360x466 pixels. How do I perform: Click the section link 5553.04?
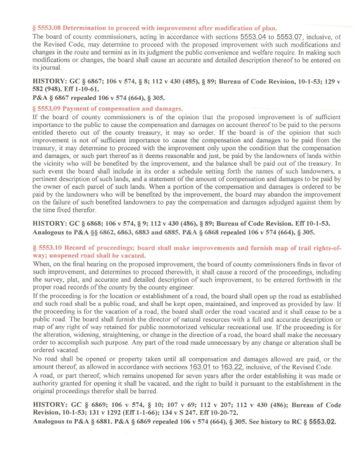(253, 37)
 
